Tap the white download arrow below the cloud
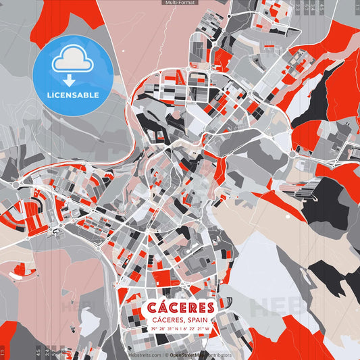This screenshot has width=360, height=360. (x=72, y=80)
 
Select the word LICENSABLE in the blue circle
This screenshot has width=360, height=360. (x=72, y=95)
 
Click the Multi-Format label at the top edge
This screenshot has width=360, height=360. (x=180, y=3)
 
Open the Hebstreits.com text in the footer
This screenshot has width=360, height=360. (x=144, y=355)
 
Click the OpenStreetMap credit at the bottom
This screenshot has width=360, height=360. (x=187, y=355)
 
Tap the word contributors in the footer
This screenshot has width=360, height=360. (x=217, y=355)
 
